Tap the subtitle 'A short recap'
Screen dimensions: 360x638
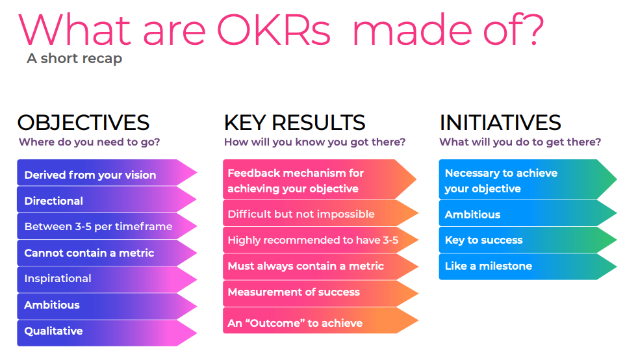(74, 58)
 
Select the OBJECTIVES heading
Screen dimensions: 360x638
(83, 123)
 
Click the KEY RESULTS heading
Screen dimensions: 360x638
(294, 123)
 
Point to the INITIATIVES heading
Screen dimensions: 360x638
(500, 123)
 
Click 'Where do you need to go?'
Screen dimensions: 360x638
(89, 142)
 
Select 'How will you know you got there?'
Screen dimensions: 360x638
(314, 142)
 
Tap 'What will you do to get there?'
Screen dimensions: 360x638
(520, 142)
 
